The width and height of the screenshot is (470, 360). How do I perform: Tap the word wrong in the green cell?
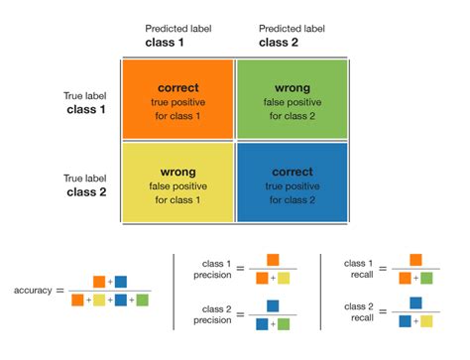click(x=292, y=88)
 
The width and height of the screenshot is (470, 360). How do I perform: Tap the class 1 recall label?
click(x=358, y=269)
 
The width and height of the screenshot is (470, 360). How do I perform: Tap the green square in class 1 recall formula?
click(x=426, y=279)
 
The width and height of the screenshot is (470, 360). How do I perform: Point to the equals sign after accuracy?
click(x=62, y=291)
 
